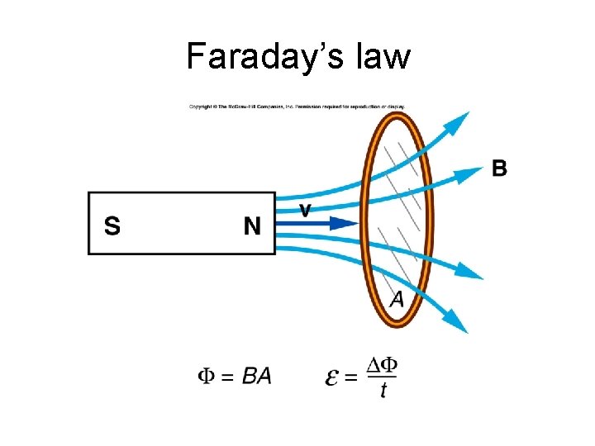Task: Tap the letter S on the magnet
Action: [x=112, y=225]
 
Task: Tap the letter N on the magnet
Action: [x=252, y=225]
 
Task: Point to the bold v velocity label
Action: [x=305, y=210]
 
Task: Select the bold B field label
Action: [x=500, y=169]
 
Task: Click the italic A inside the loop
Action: [x=397, y=299]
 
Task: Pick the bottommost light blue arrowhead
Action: [x=458, y=323]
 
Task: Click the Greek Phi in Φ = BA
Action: [x=207, y=377]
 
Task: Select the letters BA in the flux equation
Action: [x=257, y=377]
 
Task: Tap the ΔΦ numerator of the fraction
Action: [x=381, y=364]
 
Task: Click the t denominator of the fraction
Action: [x=383, y=391]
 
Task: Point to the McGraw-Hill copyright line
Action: [x=297, y=106]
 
